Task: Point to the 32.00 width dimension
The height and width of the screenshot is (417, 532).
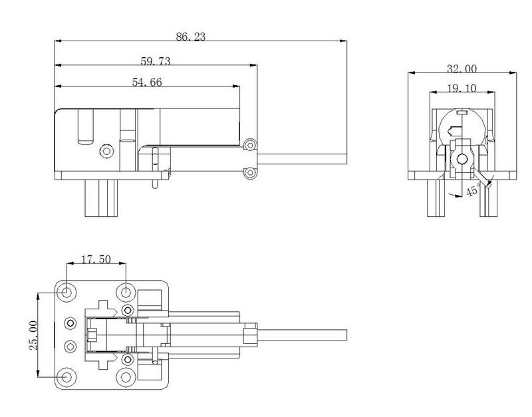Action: [462, 69]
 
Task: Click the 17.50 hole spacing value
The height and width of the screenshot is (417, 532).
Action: [96, 259]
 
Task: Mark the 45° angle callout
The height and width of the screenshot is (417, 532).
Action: [473, 192]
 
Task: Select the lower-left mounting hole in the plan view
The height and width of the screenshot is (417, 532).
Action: [67, 376]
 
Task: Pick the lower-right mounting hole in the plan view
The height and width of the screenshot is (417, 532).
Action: [126, 376]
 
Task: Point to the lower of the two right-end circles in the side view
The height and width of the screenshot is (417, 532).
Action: [249, 173]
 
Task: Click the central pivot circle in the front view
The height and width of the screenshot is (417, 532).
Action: [462, 158]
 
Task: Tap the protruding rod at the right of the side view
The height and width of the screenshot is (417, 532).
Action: [303, 158]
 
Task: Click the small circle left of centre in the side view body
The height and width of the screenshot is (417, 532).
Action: [105, 151]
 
